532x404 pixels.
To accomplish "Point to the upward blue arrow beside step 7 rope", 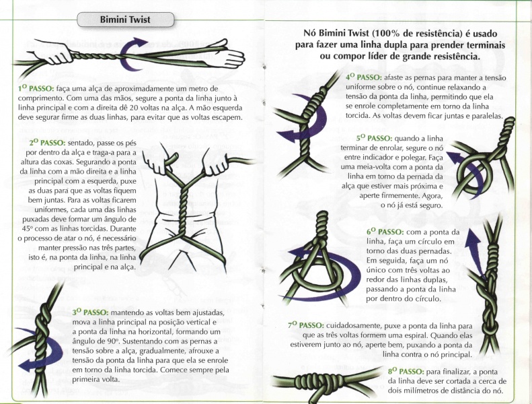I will [x=473, y=248].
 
